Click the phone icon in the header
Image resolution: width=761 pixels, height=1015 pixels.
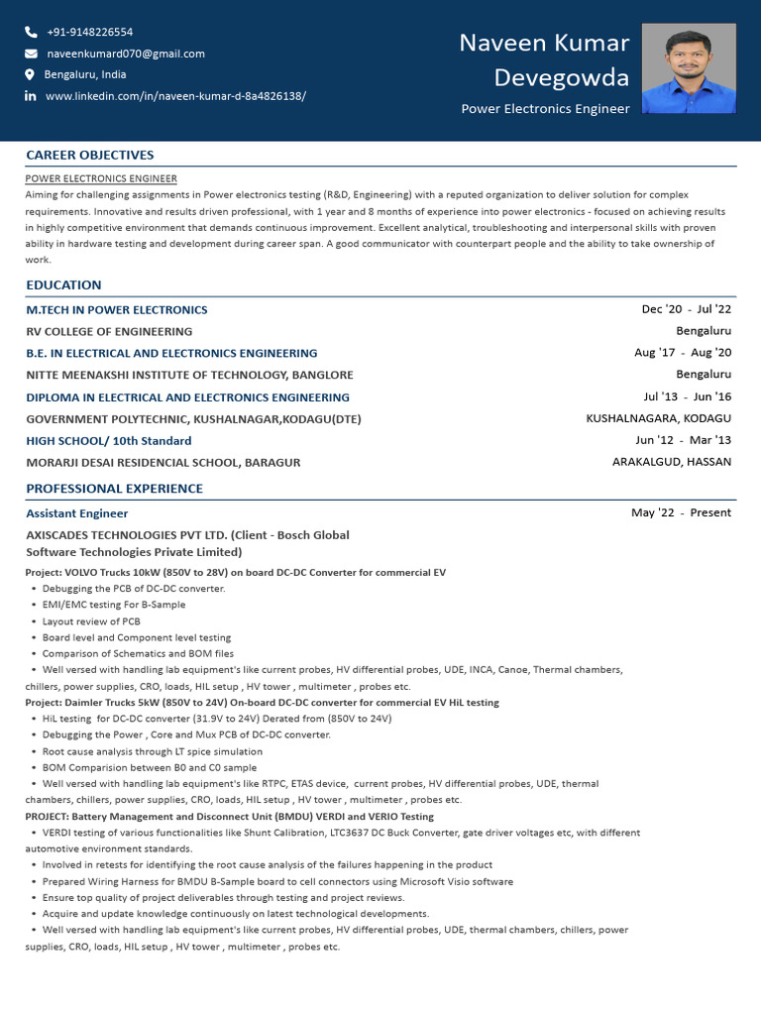point(31,32)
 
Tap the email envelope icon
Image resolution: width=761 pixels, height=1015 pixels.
point(31,54)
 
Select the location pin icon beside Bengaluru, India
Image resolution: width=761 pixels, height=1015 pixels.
point(31,74)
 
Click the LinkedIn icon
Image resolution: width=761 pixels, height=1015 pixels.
point(31,96)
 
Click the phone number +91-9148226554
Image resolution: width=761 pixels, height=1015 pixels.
point(89,32)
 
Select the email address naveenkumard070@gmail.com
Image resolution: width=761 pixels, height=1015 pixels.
point(126,54)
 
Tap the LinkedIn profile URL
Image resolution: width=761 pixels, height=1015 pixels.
point(175,96)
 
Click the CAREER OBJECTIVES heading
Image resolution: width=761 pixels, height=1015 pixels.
point(89,155)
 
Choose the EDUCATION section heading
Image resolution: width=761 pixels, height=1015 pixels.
point(63,285)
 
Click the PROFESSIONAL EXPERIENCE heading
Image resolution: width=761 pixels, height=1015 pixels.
point(114,489)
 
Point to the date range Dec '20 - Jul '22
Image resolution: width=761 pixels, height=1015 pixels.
point(687,309)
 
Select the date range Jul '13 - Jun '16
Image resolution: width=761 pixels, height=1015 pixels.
point(688,396)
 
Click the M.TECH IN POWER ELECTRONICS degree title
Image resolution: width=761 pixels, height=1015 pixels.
point(117,310)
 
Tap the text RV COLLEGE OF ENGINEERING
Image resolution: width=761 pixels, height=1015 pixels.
point(109,332)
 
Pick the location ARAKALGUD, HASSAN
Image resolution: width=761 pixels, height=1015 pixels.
point(672,462)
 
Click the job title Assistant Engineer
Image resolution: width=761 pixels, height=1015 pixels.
point(76,513)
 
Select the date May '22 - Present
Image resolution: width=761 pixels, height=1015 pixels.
point(682,512)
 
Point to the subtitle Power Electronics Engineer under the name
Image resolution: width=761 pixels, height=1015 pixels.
point(545,109)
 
